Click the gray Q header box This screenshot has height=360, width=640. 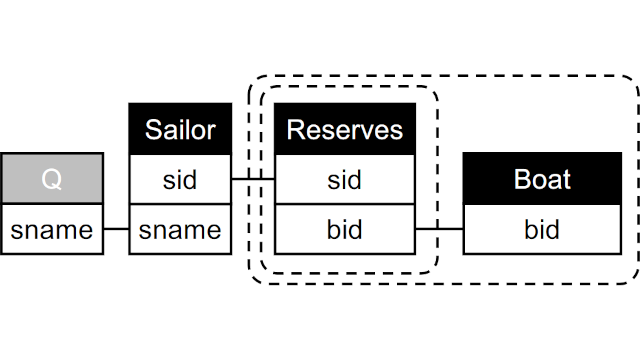coord(52,180)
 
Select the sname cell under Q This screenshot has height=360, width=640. coord(52,230)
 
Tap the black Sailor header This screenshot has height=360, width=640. coord(180,129)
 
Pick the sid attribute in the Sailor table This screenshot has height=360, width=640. coord(180,180)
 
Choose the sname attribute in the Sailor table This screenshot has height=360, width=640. coord(180,230)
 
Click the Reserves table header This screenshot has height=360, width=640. coord(344,129)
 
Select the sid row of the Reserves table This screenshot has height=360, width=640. coord(344,180)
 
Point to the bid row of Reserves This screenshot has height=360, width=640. coord(344,230)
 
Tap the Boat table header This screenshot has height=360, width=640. coord(542,180)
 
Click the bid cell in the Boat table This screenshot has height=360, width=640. coord(542,230)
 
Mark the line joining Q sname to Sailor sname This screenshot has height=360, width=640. coord(116,230)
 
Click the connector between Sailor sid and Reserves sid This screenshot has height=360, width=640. coord(253,180)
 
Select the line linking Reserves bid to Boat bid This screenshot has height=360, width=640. coord(439,230)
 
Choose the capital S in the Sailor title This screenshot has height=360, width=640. coord(153,129)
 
